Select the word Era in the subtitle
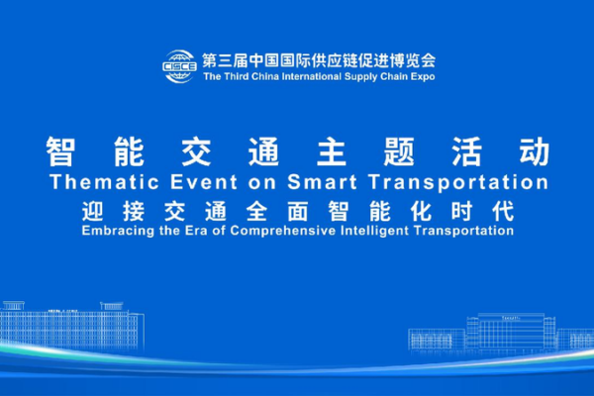(195, 231)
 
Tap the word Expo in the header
(420, 75)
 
